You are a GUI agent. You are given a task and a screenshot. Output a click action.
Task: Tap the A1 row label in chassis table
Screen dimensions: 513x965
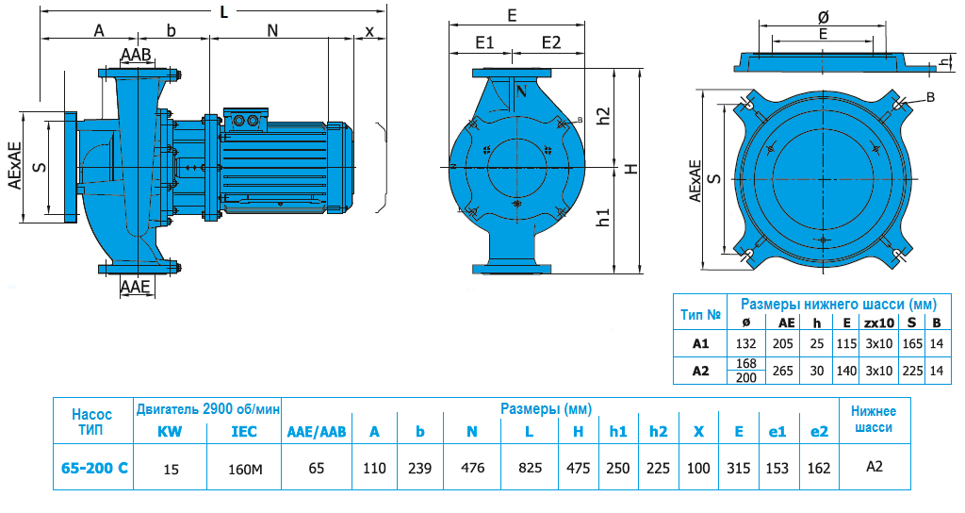coord(700,344)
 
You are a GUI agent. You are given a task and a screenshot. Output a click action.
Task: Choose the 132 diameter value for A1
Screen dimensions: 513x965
coord(746,344)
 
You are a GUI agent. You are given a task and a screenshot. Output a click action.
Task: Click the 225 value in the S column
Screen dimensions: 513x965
coord(911,371)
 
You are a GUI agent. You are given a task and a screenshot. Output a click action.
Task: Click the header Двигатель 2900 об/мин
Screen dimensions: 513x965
coord(208,408)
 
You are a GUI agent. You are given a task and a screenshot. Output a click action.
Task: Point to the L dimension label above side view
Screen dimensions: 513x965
coord(222,12)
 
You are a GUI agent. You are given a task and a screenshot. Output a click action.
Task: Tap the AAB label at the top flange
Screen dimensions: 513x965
coord(136,56)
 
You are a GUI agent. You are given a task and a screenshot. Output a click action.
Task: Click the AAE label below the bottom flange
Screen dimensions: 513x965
coord(136,287)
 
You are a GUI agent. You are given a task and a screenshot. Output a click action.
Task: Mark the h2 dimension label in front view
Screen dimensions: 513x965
coord(604,115)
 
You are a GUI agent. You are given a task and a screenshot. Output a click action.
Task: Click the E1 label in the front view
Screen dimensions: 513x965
coord(485,42)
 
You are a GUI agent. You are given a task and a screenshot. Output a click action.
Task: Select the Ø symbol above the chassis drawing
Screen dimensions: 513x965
coord(823,17)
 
